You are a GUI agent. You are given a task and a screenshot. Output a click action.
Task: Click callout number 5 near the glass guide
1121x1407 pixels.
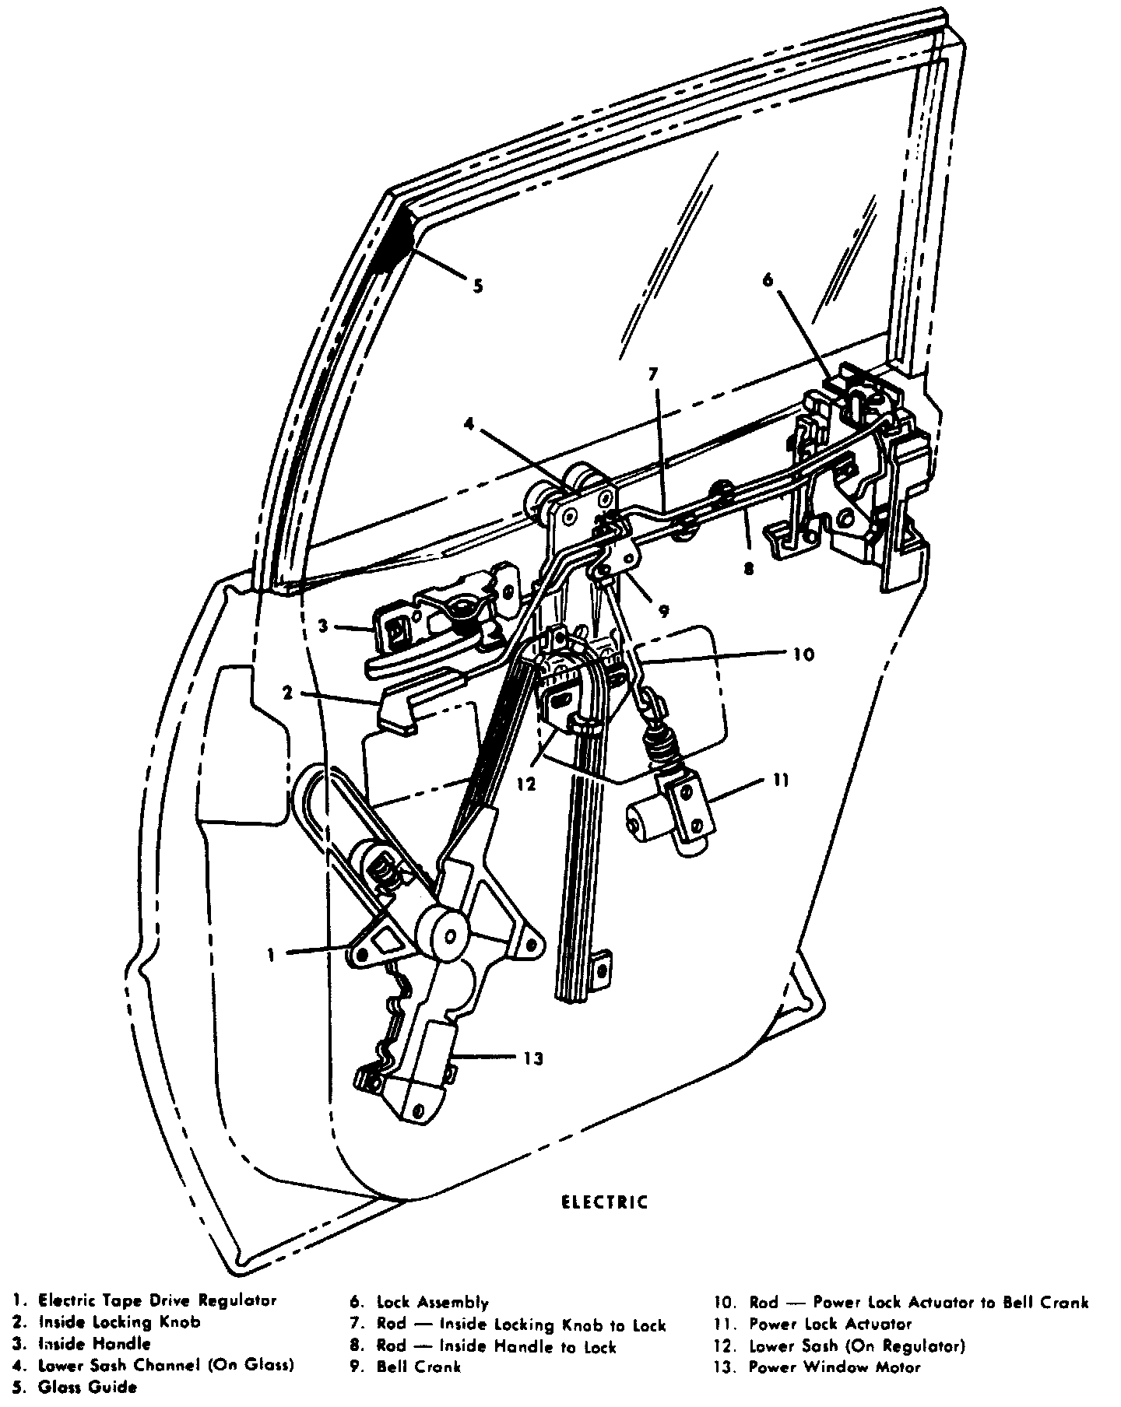[x=477, y=286]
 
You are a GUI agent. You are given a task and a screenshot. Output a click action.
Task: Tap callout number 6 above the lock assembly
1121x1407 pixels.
[x=768, y=280]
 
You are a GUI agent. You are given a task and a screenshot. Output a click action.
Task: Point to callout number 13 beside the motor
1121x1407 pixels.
[x=533, y=1058]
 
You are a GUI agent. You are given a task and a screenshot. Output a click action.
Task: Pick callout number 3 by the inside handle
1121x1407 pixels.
[x=322, y=625]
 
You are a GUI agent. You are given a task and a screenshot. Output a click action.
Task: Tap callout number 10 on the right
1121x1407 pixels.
[x=804, y=654]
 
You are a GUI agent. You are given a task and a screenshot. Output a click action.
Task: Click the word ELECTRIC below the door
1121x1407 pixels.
[x=604, y=1202]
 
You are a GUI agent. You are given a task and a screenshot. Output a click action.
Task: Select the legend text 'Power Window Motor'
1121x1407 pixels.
[x=835, y=1367]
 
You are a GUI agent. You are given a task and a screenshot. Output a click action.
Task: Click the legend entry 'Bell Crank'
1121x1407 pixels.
[x=419, y=1367]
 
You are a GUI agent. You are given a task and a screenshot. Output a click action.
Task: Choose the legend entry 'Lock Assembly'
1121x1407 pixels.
[x=432, y=1302]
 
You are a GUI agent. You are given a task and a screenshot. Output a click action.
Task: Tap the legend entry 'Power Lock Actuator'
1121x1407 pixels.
[x=830, y=1324]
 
